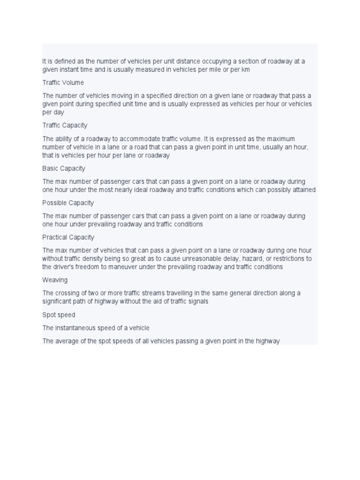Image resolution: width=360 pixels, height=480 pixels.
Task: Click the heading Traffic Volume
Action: pos(63,82)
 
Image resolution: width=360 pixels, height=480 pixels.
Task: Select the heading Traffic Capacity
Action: pos(65,126)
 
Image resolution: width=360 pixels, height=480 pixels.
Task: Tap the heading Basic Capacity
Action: pos(64,168)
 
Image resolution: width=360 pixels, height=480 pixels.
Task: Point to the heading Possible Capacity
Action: pos(68,203)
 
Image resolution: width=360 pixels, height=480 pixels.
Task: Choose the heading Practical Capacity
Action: pos(68,237)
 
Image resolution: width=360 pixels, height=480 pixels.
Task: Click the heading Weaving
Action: pos(55,280)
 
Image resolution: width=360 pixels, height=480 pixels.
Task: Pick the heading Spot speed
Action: pos(59,315)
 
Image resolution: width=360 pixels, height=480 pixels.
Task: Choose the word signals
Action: pos(197,301)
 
